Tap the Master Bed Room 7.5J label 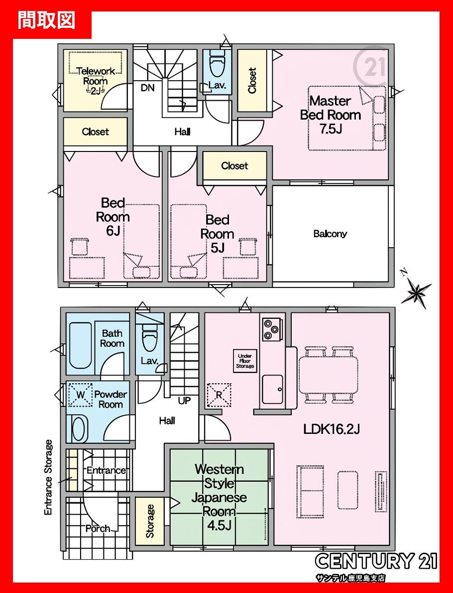(331, 115)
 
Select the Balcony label (330, 234)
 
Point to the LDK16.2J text (332, 429)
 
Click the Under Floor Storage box (245, 361)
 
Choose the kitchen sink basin (272, 389)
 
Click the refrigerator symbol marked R (219, 395)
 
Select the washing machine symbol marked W (80, 395)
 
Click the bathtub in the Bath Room (81, 345)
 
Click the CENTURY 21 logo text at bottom (376, 561)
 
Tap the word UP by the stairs (184, 400)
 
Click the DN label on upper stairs (148, 88)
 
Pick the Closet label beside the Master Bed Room (252, 81)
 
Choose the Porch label (98, 528)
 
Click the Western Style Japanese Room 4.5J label (219, 496)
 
